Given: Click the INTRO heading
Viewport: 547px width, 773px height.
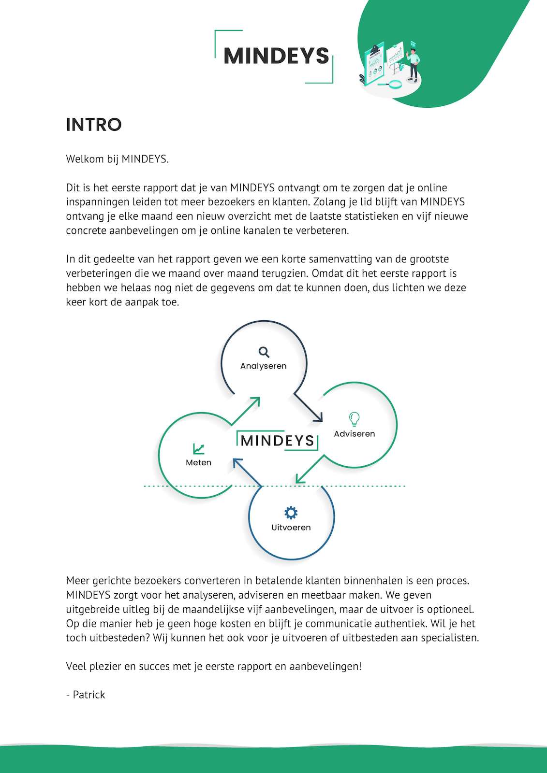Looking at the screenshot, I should click(94, 125).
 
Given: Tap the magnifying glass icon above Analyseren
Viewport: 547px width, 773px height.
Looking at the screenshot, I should click(264, 352).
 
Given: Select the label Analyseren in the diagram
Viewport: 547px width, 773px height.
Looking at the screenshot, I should click(264, 366).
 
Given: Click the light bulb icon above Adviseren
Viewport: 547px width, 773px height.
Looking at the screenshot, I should click(354, 419).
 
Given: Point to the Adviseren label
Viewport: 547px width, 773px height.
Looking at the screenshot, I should click(355, 434).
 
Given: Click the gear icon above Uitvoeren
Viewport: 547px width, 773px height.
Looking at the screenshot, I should click(291, 513).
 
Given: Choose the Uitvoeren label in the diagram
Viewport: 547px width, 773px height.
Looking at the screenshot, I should click(291, 528).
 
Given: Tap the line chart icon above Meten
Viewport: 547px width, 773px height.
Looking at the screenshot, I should click(198, 449).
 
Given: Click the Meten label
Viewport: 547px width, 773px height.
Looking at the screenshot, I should click(198, 463).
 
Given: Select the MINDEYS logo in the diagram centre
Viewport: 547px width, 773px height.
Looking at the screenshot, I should click(277, 440).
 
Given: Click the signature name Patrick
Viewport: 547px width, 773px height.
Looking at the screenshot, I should click(89, 695).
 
